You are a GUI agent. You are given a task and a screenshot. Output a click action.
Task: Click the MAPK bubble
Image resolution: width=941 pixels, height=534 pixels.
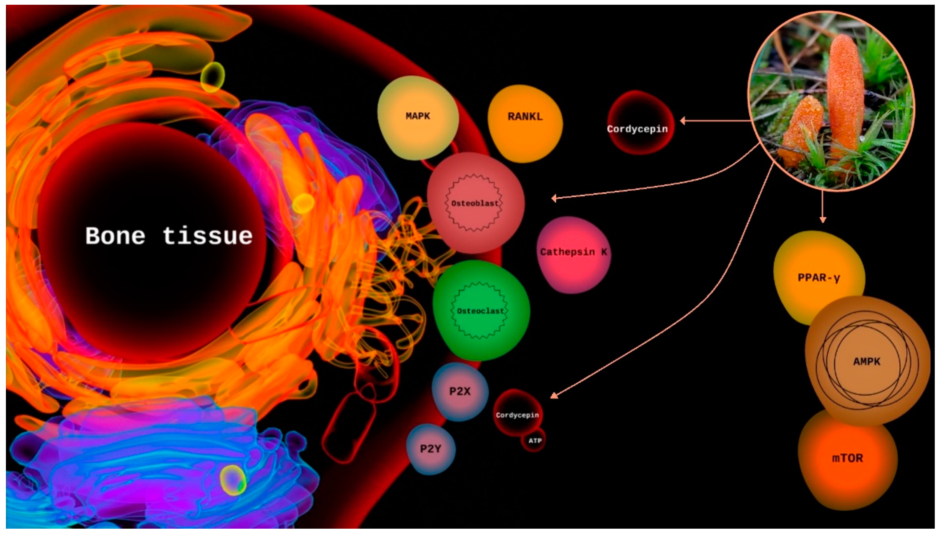click(x=418, y=117)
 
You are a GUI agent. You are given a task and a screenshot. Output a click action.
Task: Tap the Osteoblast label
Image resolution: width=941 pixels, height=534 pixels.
click(x=475, y=203)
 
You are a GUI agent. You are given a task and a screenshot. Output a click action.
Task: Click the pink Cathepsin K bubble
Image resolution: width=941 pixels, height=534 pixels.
click(x=573, y=253)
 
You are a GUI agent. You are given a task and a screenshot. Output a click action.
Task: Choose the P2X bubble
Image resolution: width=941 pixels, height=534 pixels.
click(x=460, y=392)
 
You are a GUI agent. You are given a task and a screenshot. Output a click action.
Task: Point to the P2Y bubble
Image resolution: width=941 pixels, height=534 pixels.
click(x=431, y=449)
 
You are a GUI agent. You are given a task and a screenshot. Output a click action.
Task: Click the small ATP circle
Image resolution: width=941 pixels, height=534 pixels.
click(x=534, y=441)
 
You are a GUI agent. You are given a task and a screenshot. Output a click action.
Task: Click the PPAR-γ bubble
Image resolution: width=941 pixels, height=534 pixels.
click(x=818, y=278)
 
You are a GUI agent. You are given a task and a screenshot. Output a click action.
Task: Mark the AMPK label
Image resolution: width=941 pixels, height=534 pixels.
click(x=866, y=362)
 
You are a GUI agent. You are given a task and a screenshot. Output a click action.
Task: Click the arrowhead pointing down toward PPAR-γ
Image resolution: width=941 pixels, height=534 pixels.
click(x=823, y=219)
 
